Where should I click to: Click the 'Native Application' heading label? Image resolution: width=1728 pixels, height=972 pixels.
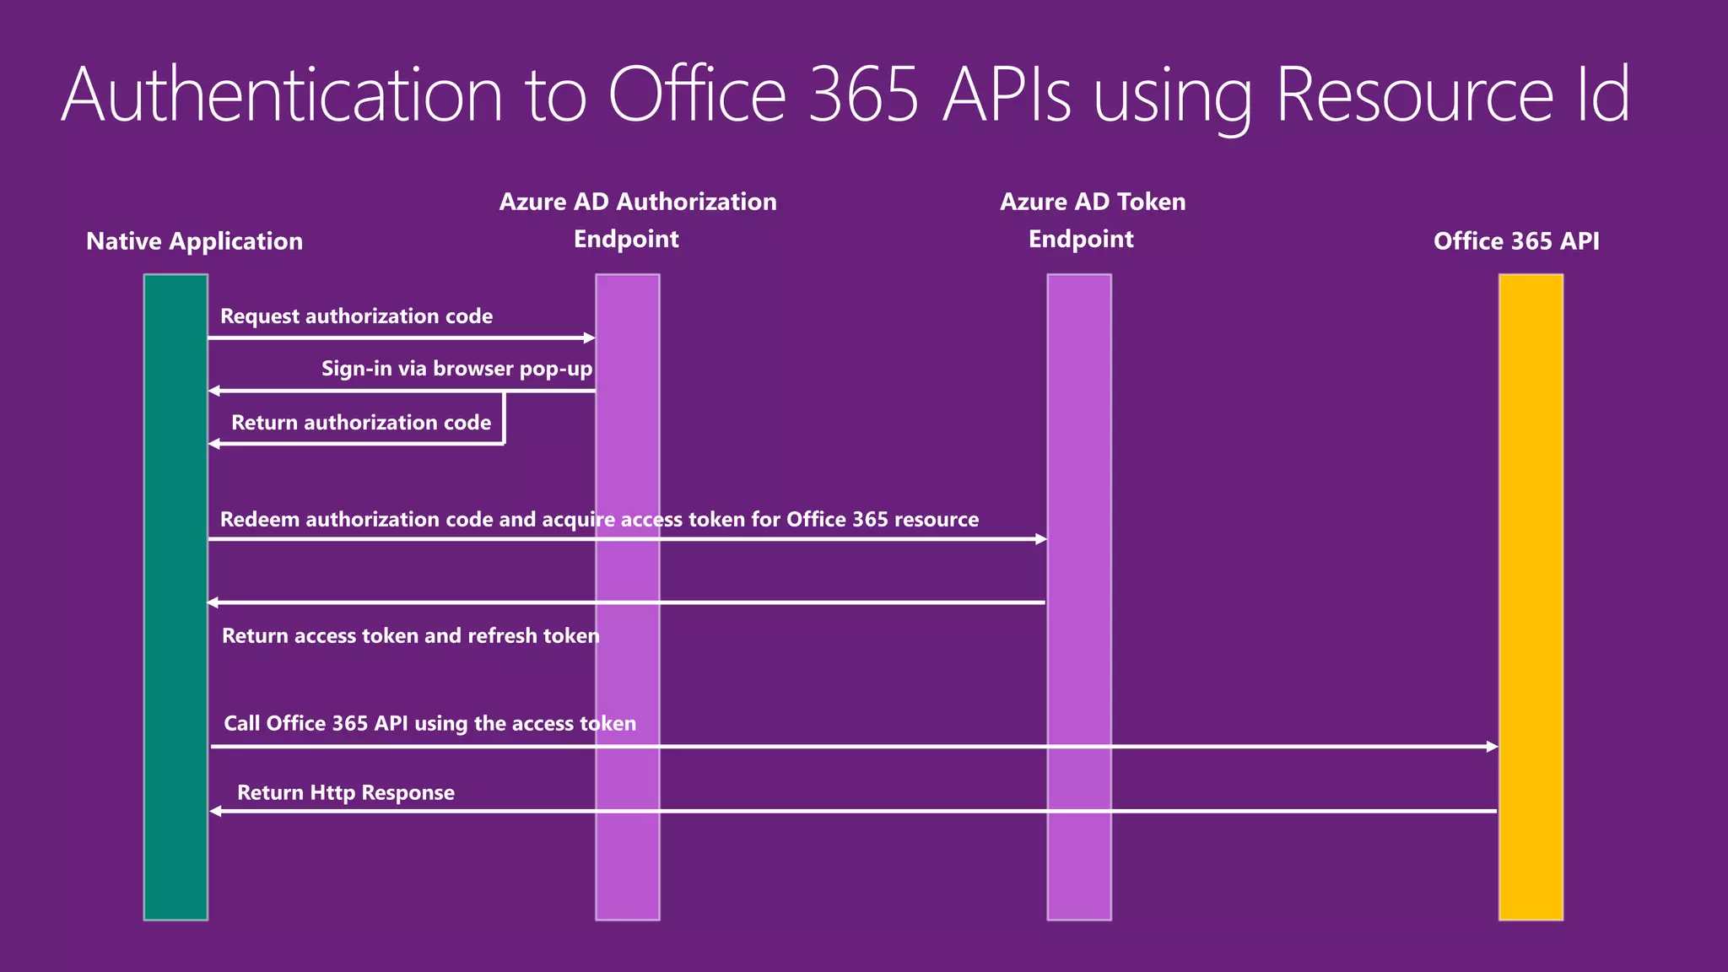[194, 241]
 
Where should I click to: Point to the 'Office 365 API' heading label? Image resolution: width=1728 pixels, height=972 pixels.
[1516, 241]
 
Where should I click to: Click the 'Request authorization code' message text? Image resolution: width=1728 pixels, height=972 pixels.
[356, 316]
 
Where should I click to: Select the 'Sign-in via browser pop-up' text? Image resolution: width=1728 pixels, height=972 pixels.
[456, 369]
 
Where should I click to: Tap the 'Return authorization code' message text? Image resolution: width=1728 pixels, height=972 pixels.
[361, 423]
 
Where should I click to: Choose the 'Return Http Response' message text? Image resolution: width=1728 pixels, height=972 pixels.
[345, 792]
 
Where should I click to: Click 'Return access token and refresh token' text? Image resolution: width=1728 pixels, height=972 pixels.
[410, 635]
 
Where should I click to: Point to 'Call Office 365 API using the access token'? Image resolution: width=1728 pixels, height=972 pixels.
[429, 723]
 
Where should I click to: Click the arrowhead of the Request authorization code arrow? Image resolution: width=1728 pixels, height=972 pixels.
[590, 338]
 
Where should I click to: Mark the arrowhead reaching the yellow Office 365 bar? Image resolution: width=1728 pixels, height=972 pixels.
[1492, 747]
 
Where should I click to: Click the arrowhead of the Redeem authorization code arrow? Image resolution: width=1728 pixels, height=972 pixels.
[1041, 539]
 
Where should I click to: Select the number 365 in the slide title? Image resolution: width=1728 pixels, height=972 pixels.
[862, 94]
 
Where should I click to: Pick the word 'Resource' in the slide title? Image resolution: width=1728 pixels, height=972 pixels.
[1413, 94]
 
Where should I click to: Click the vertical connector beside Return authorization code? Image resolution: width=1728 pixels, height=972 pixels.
[504, 418]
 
